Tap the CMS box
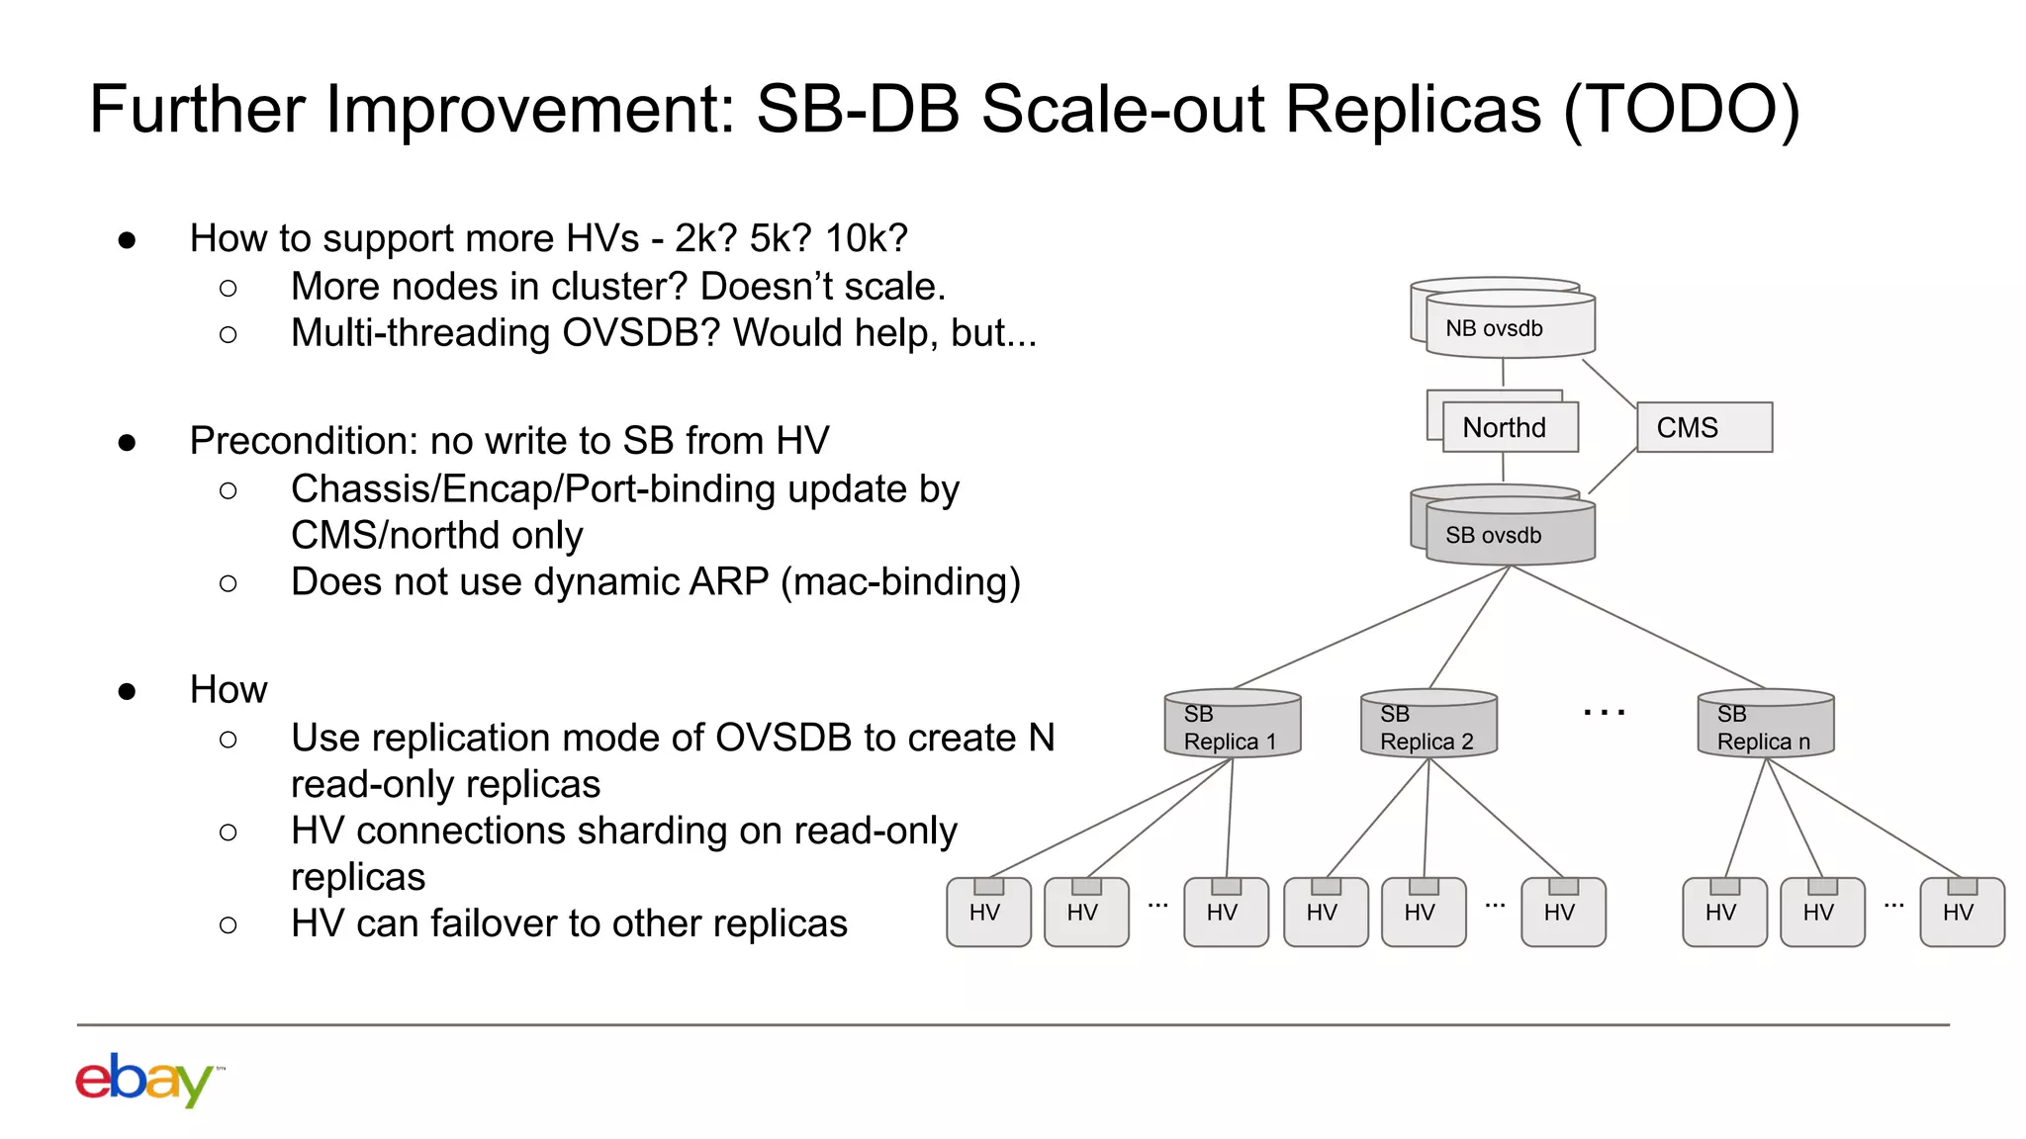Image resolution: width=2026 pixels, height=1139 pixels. (1704, 427)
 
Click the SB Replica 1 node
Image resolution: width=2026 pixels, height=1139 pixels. (1232, 727)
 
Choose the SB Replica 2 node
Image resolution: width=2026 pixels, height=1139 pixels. (1428, 727)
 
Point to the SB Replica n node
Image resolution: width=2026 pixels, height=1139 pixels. (1765, 727)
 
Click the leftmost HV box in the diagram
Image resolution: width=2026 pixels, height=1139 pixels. (988, 912)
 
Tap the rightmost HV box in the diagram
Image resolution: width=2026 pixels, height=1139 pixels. (1962, 912)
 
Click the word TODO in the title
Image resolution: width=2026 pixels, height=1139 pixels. (1682, 109)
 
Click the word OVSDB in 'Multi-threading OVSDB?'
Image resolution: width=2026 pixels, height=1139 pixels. (641, 333)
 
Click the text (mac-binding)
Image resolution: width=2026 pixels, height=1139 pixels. (900, 581)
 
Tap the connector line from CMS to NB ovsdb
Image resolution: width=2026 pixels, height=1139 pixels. (1609, 384)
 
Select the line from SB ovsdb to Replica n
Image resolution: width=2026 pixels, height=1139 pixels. (1637, 627)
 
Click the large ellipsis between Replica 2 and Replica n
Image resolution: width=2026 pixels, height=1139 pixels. (1604, 712)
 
